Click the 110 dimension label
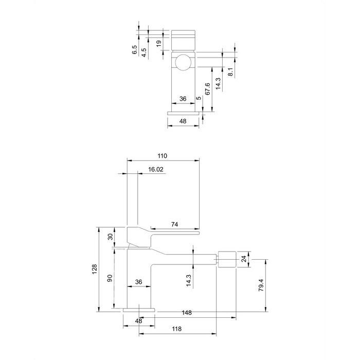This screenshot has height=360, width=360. [x=162, y=156]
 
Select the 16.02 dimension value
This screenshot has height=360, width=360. [x=155, y=169]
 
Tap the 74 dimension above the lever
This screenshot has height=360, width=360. [x=174, y=224]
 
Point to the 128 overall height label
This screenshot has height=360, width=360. [x=95, y=269]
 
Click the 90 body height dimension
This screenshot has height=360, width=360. [x=110, y=278]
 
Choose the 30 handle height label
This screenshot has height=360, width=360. [x=111, y=237]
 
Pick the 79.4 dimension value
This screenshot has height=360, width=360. [x=261, y=285]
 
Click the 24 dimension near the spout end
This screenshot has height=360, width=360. [x=244, y=259]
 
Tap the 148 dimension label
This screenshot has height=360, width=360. [x=186, y=313]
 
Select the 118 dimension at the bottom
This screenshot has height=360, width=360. [x=176, y=329]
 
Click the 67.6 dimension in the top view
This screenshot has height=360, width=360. [x=207, y=89]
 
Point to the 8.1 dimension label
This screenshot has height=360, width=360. [x=231, y=71]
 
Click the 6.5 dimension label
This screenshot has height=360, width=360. [x=135, y=50]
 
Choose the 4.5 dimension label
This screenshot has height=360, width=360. [x=143, y=52]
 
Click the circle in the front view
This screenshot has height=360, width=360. [x=184, y=62]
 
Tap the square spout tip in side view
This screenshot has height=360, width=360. [x=227, y=259]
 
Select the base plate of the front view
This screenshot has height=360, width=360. [x=183, y=113]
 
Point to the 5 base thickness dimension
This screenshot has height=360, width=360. [x=199, y=98]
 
